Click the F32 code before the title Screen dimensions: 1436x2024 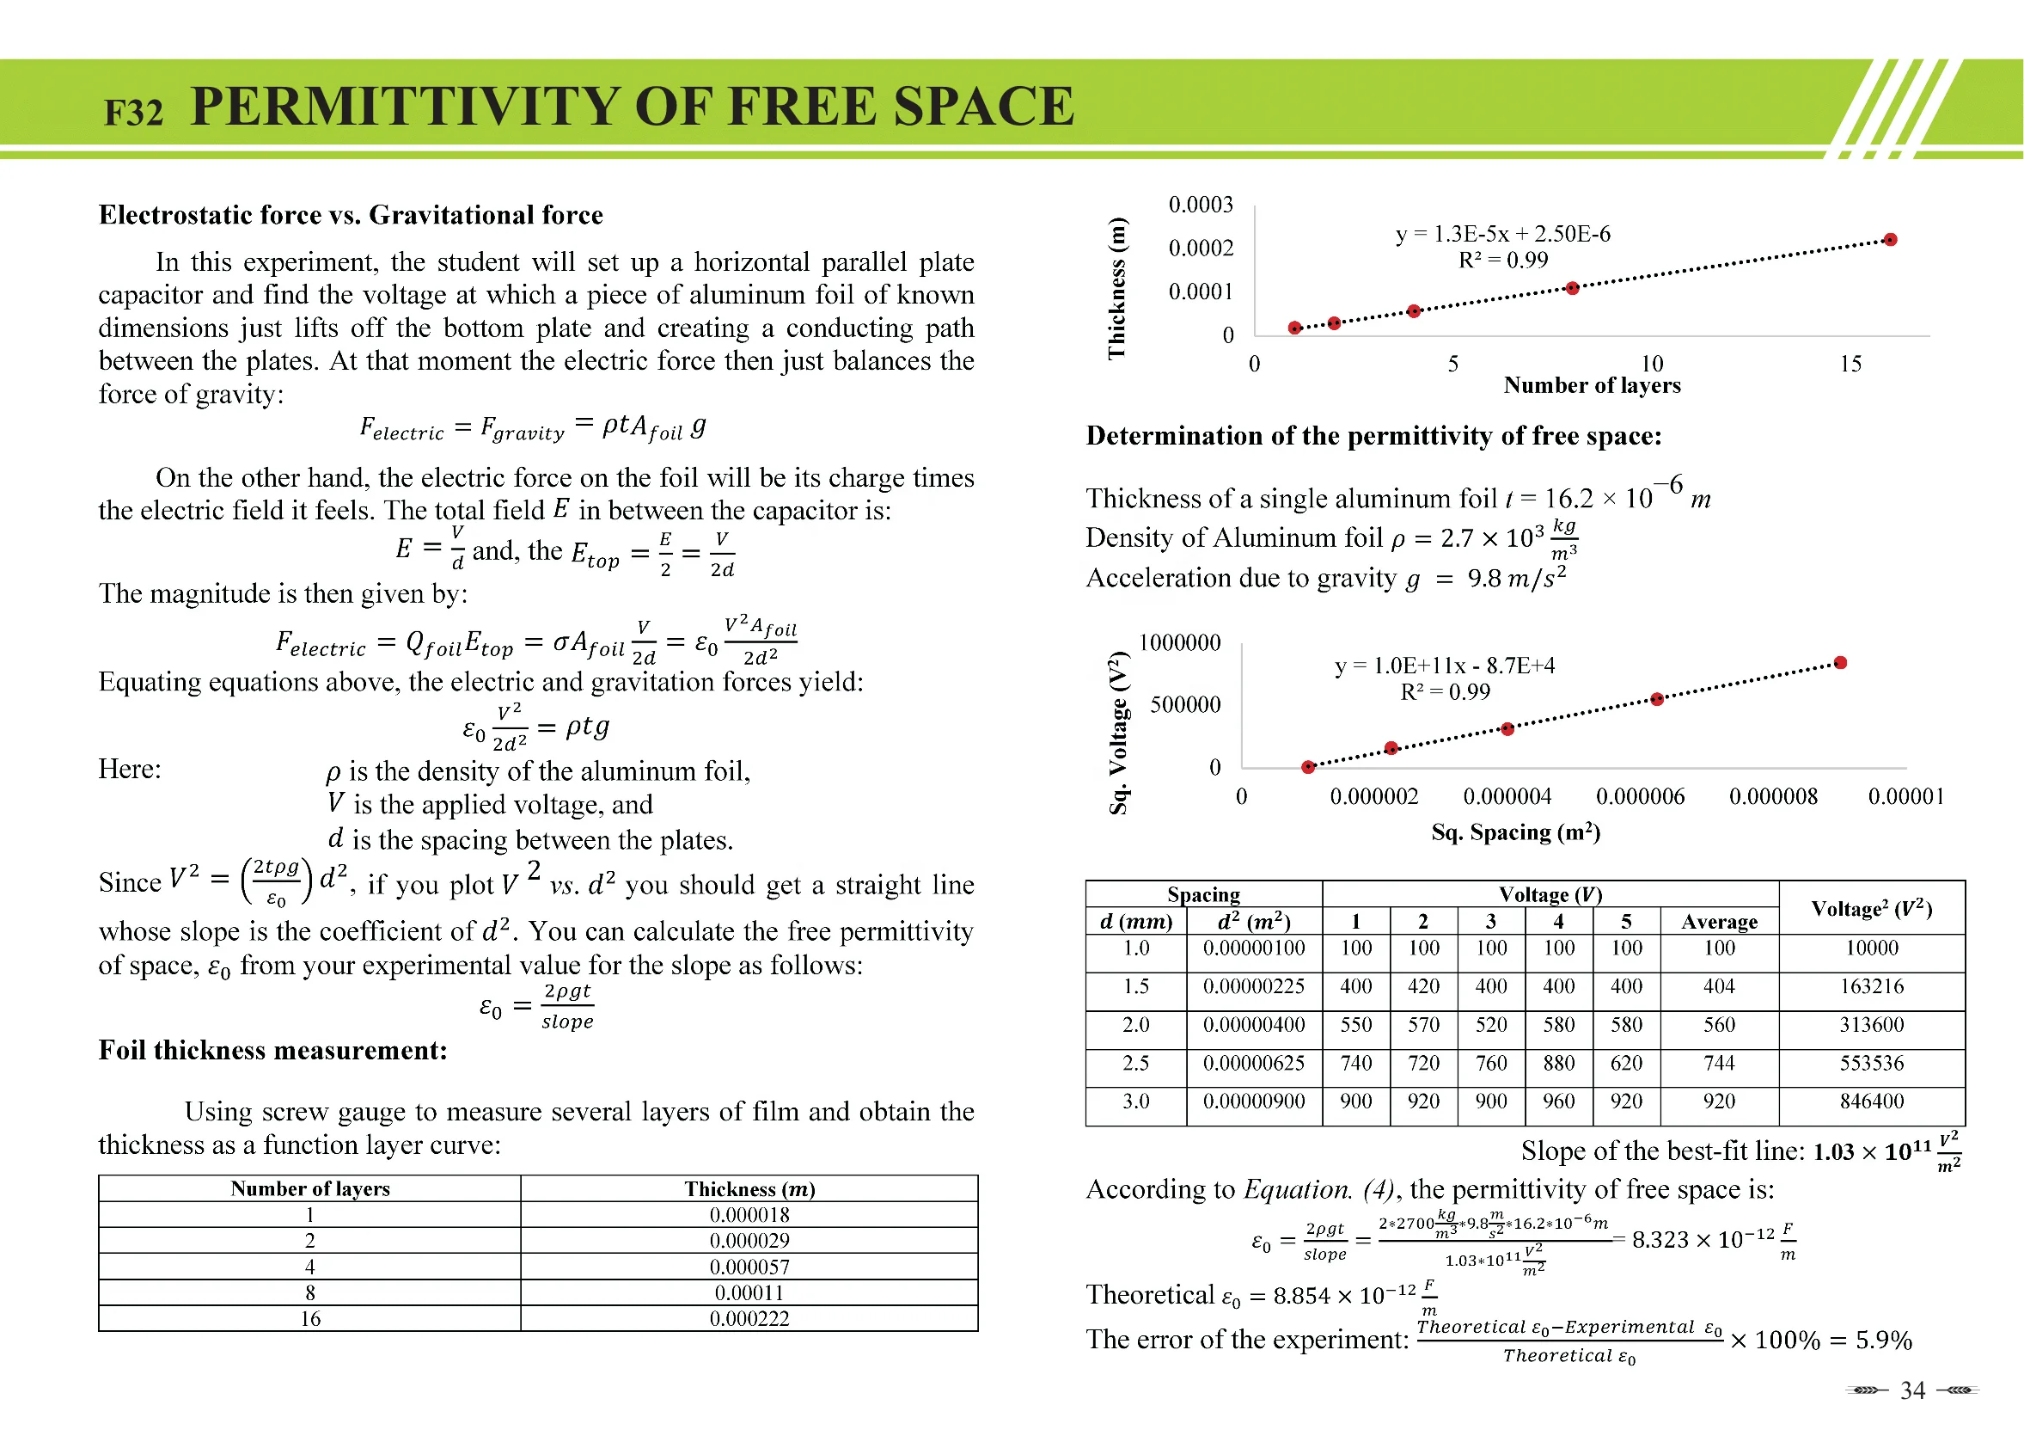coord(133,114)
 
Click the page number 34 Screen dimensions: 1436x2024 coord(1911,1391)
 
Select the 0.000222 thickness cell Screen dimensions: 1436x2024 coord(749,1318)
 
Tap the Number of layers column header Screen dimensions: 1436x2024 coord(309,1188)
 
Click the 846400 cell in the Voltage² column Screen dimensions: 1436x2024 coord(1871,1102)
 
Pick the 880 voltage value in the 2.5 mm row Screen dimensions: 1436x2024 coord(1558,1063)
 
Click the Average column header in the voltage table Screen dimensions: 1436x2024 coord(1718,922)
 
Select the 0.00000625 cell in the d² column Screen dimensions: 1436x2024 coord(1253,1063)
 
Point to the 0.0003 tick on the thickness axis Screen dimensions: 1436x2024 coord(1201,206)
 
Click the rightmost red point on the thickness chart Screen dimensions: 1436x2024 coord(1890,240)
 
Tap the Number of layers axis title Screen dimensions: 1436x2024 coord(1591,385)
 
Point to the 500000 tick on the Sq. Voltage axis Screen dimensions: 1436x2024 coord(1184,705)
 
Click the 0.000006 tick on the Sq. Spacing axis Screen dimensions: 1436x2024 coord(1640,797)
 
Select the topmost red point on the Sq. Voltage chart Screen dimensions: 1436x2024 coord(1840,663)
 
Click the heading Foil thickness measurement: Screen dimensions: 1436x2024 coord(272,1051)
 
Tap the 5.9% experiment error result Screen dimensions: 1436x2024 coord(1882,1341)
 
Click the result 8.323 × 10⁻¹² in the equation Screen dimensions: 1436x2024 coord(1702,1240)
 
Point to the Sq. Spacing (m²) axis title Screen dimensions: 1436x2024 coord(1515,832)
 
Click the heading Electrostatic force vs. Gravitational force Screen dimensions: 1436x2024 coord(351,215)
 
